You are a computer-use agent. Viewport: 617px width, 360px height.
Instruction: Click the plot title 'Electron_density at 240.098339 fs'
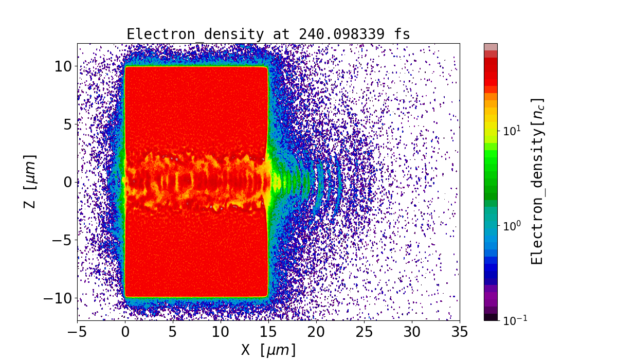click(x=268, y=34)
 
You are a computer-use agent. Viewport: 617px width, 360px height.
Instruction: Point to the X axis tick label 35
click(x=460, y=332)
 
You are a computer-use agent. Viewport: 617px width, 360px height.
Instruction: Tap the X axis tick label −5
click(x=77, y=332)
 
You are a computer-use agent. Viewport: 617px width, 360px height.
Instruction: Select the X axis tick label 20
click(x=316, y=332)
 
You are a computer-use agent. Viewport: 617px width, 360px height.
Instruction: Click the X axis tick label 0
click(x=125, y=332)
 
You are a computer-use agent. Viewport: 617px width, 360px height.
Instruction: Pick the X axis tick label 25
click(x=364, y=332)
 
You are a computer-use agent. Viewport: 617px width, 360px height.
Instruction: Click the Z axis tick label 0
click(x=67, y=182)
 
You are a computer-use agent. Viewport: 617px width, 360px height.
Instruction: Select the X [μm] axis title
click(x=268, y=350)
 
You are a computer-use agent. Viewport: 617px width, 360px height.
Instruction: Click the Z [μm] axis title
click(x=30, y=181)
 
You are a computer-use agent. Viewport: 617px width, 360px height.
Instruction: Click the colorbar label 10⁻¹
click(x=515, y=320)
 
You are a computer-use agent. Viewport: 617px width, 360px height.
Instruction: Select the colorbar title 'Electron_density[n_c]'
click(x=537, y=181)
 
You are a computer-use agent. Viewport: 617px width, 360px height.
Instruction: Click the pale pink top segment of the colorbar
click(x=491, y=47)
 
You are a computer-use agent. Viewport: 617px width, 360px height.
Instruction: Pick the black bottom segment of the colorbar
click(x=491, y=317)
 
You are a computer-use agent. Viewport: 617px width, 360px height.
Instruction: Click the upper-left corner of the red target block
click(x=126, y=67)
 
